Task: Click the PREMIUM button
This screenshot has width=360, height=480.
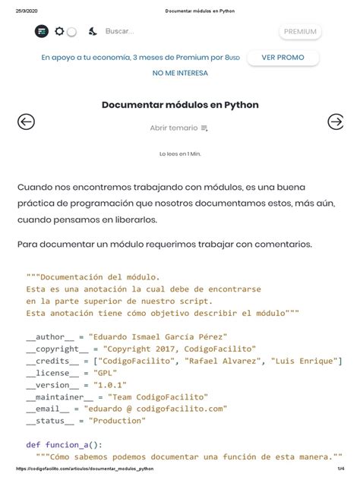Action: coord(300,31)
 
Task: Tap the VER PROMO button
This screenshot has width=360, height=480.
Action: coord(283,58)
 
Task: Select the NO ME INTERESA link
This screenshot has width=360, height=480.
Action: coord(180,74)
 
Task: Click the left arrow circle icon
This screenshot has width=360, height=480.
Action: coord(27,122)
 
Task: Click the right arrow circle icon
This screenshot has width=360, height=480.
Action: coord(335,122)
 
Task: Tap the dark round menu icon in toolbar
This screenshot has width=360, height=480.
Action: coord(42,31)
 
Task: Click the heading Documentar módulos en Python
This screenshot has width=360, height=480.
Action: coord(180,104)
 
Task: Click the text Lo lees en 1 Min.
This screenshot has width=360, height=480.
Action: coord(180,153)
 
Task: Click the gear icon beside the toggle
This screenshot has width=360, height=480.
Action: coord(59,31)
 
